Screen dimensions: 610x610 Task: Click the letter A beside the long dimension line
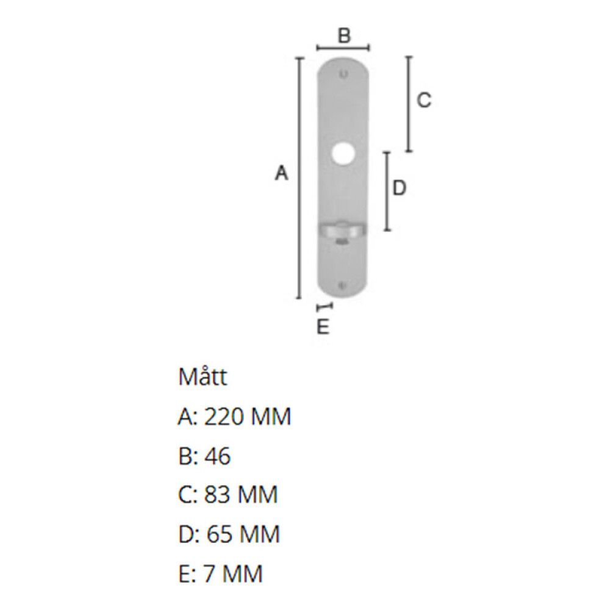pyautogui.click(x=282, y=173)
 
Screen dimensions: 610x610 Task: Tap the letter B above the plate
pyautogui.click(x=344, y=35)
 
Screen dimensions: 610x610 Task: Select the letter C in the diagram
pyautogui.click(x=424, y=100)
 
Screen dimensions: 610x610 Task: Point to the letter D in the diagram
pyautogui.click(x=399, y=188)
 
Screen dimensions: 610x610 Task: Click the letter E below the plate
pyautogui.click(x=323, y=326)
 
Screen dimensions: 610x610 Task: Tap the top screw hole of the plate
pyautogui.click(x=343, y=74)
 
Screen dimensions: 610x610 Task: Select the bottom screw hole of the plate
pyautogui.click(x=342, y=286)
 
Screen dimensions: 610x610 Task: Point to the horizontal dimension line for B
pyautogui.click(x=343, y=48)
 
